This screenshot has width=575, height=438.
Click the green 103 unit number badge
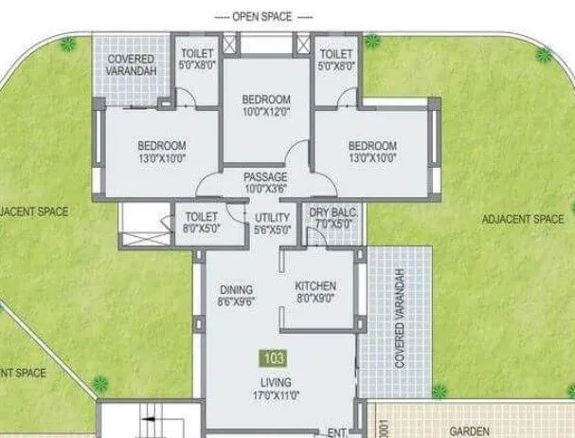(x=272, y=360)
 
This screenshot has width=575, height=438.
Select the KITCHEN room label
(x=315, y=286)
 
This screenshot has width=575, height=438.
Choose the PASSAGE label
(x=265, y=177)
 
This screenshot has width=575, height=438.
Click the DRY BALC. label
(x=333, y=213)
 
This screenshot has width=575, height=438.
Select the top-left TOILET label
(x=198, y=54)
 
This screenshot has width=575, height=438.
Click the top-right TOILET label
(x=336, y=54)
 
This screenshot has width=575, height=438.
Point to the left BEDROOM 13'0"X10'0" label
(x=162, y=145)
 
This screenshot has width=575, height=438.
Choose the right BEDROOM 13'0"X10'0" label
(x=371, y=145)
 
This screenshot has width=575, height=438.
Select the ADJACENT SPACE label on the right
(x=523, y=219)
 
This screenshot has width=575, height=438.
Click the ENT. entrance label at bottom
(x=334, y=431)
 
